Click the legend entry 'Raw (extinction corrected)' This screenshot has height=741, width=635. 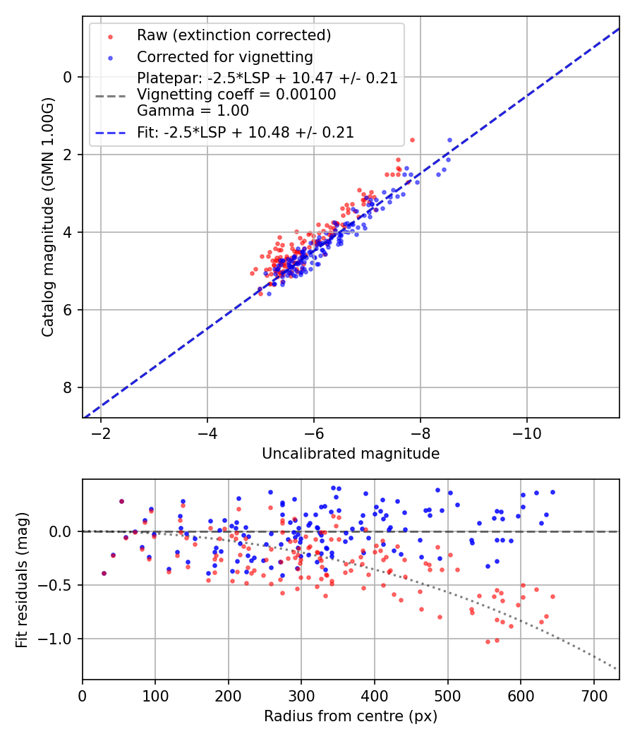(234, 35)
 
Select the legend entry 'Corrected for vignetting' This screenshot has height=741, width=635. (224, 56)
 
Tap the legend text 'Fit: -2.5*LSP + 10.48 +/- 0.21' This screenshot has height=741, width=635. (246, 132)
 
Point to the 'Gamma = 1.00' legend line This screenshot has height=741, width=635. (193, 110)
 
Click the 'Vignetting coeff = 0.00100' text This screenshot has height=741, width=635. (236, 95)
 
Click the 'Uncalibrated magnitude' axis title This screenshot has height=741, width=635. (351, 454)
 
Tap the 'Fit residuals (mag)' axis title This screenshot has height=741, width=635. (22, 579)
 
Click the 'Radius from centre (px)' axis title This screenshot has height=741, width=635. (351, 716)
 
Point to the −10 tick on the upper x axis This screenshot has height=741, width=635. (526, 432)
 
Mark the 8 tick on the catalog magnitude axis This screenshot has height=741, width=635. (68, 387)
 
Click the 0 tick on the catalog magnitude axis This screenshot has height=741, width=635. (68, 77)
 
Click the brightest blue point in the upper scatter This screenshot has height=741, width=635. (449, 140)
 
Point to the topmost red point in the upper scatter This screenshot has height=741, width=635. (412, 140)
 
